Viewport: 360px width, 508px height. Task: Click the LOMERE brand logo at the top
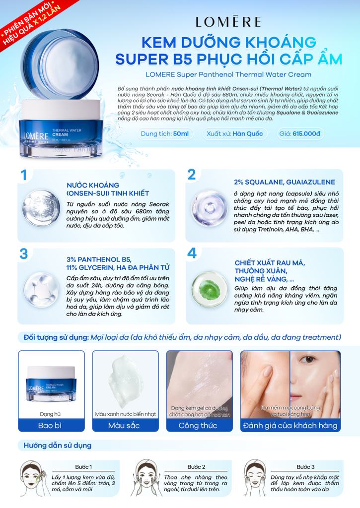click(228, 21)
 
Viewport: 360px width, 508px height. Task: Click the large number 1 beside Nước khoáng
click(23, 175)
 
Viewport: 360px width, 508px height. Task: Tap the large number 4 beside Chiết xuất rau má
click(192, 254)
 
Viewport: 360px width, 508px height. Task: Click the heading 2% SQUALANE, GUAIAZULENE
click(284, 182)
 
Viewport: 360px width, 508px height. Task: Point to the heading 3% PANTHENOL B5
click(99, 259)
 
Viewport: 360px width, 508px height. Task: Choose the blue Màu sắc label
click(125, 425)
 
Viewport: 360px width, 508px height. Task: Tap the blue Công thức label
click(198, 425)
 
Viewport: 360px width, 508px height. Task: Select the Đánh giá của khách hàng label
click(290, 425)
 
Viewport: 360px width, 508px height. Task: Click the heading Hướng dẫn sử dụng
click(58, 445)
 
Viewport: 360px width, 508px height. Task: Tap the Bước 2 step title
click(196, 467)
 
